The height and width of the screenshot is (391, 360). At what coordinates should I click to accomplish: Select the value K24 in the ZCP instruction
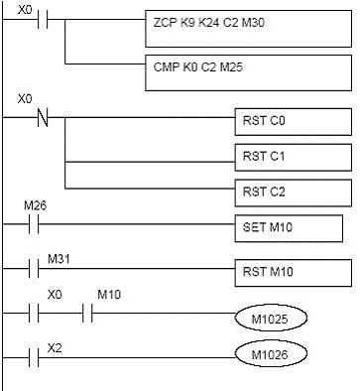[x=210, y=21]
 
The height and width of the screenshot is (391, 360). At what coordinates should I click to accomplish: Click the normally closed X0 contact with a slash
[x=42, y=117]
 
